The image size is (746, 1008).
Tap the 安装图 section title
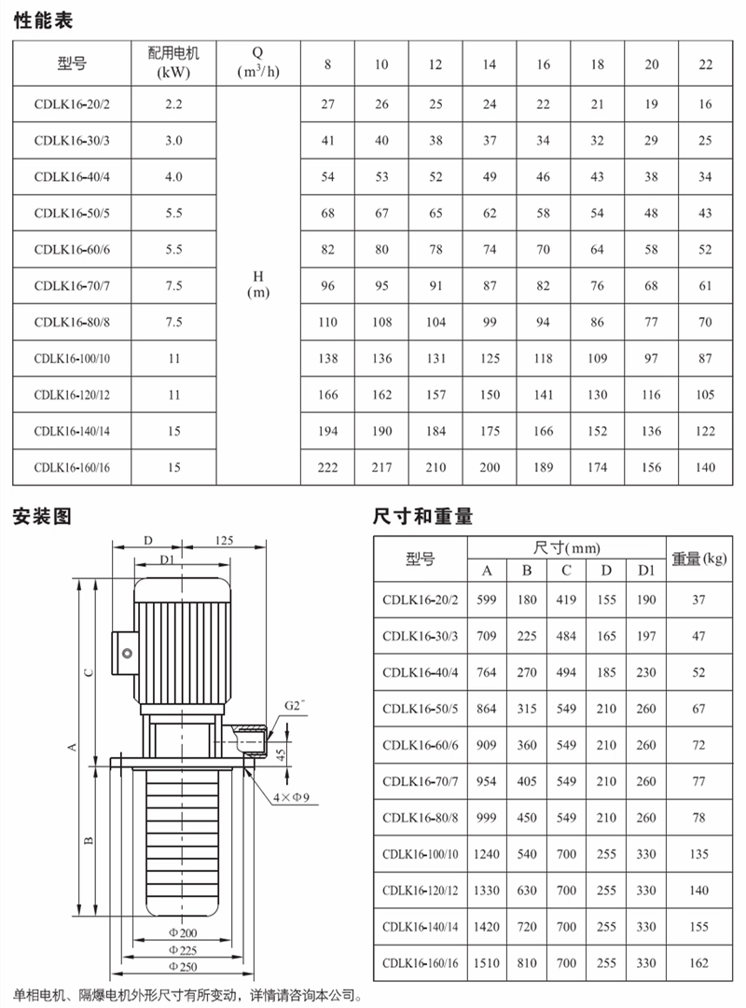pyautogui.click(x=42, y=516)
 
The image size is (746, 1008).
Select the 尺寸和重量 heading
pyautogui.click(x=422, y=516)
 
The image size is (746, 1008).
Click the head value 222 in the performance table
pyautogui.click(x=327, y=468)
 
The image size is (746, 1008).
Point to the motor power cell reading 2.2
pyautogui.click(x=173, y=104)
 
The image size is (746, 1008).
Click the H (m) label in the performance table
pyautogui.click(x=257, y=284)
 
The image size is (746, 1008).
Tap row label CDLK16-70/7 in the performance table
pyautogui.click(x=72, y=286)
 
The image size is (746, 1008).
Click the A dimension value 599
pyautogui.click(x=487, y=601)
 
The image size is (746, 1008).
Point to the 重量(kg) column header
pyautogui.click(x=699, y=559)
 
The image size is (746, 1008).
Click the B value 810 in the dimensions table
pyautogui.click(x=527, y=962)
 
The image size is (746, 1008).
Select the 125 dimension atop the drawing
pyautogui.click(x=224, y=540)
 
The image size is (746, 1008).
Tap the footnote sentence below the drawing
pyautogui.click(x=186, y=996)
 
